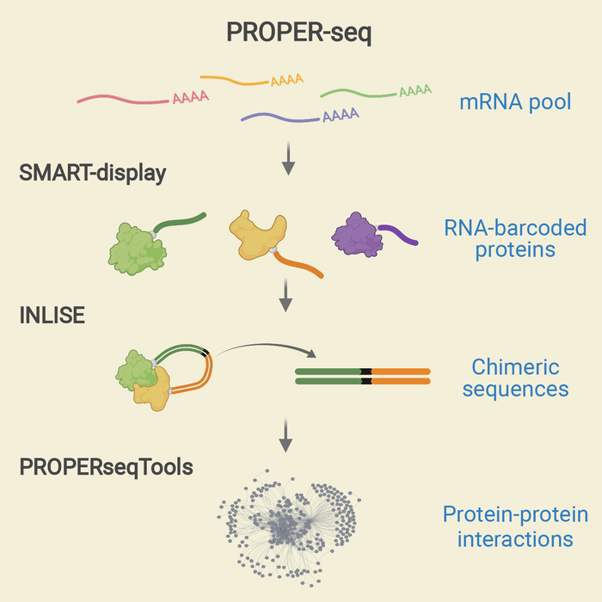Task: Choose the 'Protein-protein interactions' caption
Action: click(515, 527)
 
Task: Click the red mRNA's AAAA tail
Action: click(190, 98)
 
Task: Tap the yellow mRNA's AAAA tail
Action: click(286, 81)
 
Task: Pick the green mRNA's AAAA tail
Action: click(415, 89)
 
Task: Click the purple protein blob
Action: click(357, 233)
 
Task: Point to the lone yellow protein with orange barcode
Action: click(257, 232)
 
